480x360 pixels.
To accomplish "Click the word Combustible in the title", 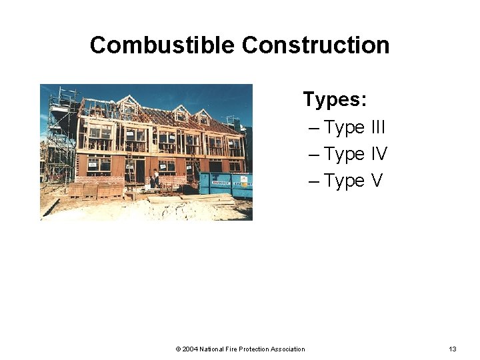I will (163, 45).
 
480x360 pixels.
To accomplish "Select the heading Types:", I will (335, 99).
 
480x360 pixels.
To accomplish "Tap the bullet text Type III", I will (355, 127).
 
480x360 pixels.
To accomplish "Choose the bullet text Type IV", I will (355, 154).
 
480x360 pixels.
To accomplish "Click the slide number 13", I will (453, 349).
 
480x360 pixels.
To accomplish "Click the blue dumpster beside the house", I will (225, 185).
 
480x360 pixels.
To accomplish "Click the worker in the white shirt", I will (156, 177).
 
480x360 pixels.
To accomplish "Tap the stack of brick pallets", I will (96, 190).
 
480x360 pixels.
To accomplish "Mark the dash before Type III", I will (315, 127).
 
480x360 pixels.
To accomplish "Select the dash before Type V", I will (315, 181).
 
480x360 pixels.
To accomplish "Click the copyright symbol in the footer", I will (178, 349).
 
